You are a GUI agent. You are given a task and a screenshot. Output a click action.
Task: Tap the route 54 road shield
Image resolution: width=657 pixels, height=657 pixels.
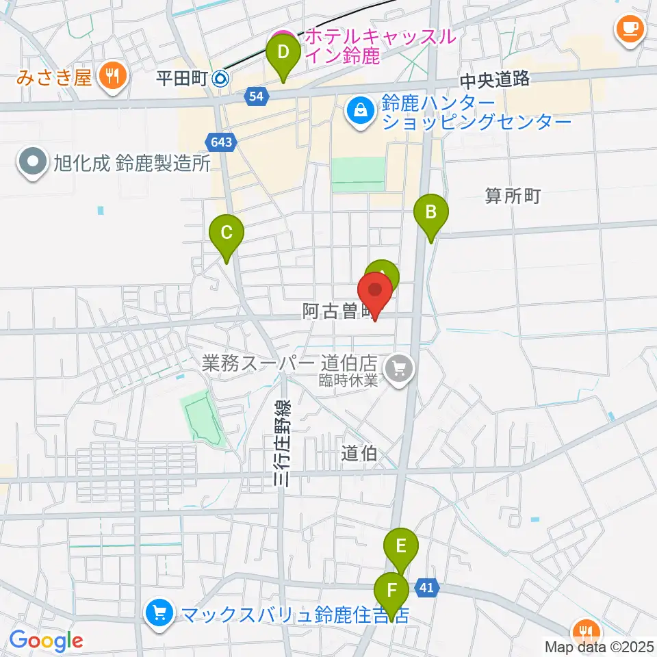(x=255, y=97)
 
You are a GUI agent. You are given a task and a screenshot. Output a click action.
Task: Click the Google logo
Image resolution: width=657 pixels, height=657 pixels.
(x=47, y=641)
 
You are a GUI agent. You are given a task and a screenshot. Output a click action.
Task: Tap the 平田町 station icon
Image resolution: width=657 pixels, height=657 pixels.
(x=221, y=79)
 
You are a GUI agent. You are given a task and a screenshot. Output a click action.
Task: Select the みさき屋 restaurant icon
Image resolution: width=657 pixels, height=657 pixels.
(x=110, y=77)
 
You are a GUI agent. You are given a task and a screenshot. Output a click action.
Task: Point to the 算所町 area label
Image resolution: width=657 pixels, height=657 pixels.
(x=513, y=197)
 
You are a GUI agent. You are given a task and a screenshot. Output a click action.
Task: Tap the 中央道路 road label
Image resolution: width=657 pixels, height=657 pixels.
(x=494, y=79)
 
